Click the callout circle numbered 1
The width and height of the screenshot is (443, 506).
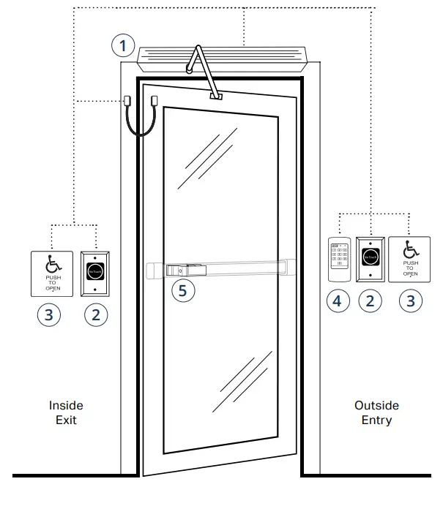[124, 46]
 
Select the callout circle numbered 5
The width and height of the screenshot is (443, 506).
[184, 290]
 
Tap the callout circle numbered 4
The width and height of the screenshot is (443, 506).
[338, 301]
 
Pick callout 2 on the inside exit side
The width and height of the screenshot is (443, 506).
[95, 316]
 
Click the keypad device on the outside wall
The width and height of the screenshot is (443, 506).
[338, 259]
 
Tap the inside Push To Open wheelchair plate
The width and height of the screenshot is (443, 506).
[51, 273]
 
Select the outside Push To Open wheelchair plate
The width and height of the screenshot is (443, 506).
[409, 259]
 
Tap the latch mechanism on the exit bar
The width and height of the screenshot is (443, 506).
[183, 270]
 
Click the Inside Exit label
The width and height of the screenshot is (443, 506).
[66, 412]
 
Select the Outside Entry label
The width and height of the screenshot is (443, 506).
[376, 412]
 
